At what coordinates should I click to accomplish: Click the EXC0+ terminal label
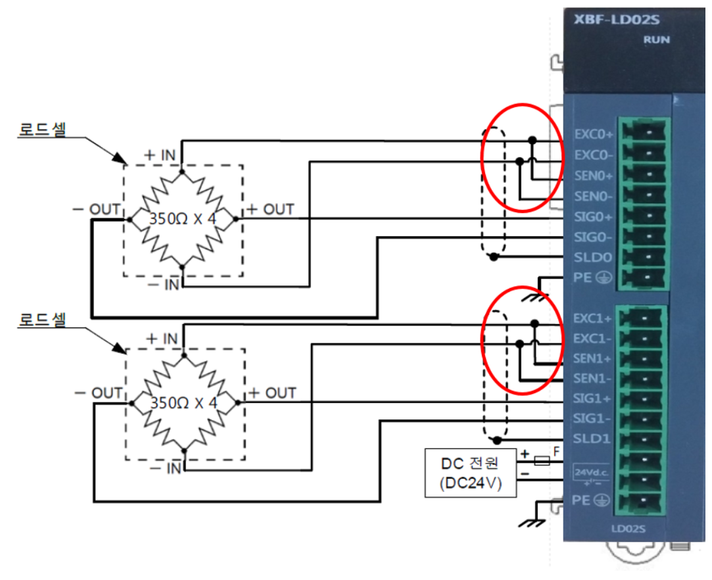coord(594,135)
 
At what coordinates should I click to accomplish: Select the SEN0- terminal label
coord(594,196)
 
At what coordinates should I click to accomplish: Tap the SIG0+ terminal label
coord(594,216)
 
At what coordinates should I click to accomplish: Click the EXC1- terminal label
coord(594,339)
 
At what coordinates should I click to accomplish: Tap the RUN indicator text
coord(657,39)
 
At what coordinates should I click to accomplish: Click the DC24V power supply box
coord(470,473)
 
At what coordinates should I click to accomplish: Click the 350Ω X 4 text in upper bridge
coord(182,219)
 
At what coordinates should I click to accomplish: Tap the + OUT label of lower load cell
coord(271,393)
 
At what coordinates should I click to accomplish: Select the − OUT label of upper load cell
coord(97,210)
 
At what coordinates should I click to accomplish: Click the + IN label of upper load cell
coord(160,156)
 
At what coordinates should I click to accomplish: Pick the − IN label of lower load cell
coord(164,469)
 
